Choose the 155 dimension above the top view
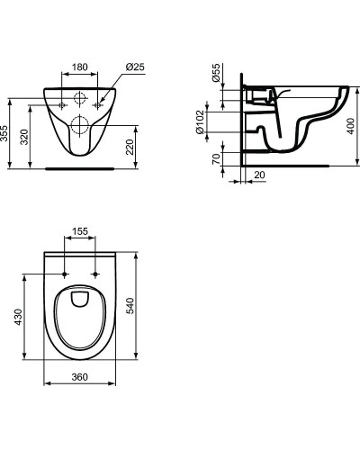click(x=80, y=232)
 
